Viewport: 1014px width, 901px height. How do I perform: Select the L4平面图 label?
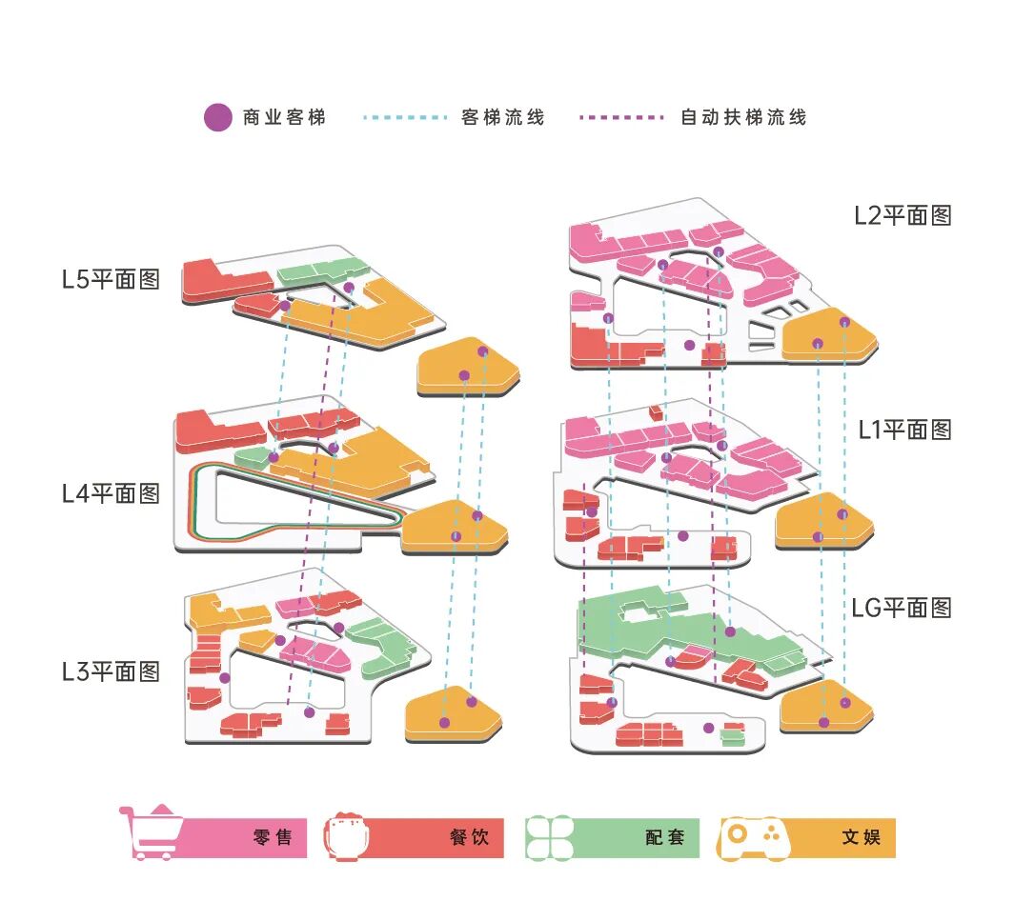[111, 493]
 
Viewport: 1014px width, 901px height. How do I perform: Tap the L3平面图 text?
[111, 671]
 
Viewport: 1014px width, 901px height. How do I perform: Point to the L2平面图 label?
[902, 215]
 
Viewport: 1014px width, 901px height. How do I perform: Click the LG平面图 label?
[901, 607]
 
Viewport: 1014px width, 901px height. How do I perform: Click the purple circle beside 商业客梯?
[218, 117]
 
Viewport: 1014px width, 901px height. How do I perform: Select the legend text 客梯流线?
[503, 117]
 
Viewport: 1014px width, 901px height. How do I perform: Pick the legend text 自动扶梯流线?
[744, 117]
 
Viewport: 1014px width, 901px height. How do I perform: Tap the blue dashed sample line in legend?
[406, 117]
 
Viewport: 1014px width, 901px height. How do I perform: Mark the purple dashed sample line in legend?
[621, 117]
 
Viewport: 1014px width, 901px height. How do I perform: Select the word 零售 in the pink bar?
[273, 838]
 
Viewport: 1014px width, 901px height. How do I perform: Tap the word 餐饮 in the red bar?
[470, 838]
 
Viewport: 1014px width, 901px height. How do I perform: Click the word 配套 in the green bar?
[664, 838]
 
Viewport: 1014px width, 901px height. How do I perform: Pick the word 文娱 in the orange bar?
[862, 838]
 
